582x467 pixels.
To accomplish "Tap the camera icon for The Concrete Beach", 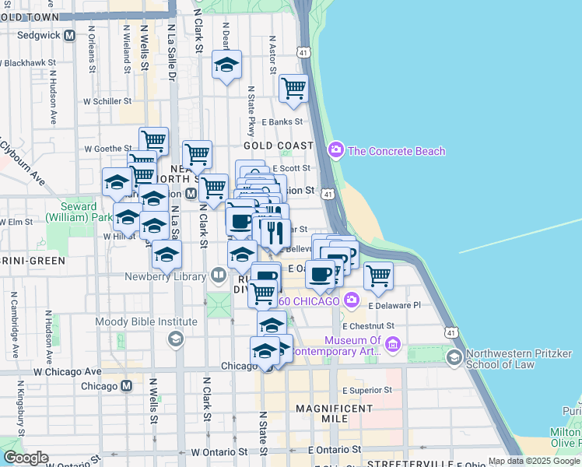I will (336, 150).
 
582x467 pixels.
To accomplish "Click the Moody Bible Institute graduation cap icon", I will (177, 337).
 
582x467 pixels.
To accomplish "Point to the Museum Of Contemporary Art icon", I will (391, 343).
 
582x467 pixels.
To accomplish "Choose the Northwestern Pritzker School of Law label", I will (517, 356).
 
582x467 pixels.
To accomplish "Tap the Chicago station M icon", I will (126, 386).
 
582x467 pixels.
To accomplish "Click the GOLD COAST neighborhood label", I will (278, 146).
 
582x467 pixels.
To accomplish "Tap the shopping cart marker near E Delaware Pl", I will (378, 276).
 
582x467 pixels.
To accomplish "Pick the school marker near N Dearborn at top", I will (226, 65).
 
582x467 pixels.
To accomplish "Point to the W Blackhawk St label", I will (30, 63).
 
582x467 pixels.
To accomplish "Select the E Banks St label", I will (281, 121).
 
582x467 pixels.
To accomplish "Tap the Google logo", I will (26, 458).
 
